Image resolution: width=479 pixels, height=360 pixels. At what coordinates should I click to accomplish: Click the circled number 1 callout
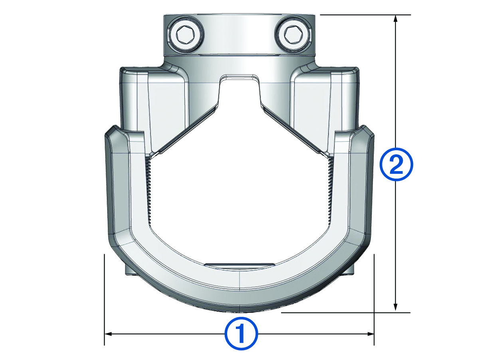coord(241,333)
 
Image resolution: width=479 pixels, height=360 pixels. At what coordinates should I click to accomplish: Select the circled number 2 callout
coord(395,164)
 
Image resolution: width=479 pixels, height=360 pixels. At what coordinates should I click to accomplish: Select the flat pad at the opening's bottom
coord(239,266)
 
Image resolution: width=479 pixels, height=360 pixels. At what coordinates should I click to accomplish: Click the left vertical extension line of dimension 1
coord(104,300)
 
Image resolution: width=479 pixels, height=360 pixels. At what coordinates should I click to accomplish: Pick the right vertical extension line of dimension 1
coord(374,300)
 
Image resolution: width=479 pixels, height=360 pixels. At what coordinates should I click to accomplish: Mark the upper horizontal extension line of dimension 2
coord(365,15)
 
